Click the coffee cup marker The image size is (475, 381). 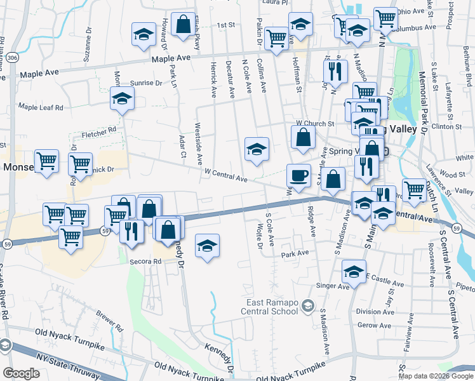coord(298,174)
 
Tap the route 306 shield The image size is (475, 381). coord(13,58)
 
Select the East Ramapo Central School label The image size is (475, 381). coord(269,307)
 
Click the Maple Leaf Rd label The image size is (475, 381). coord(41,107)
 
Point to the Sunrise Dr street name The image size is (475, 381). coord(147,83)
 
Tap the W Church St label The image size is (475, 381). coord(315,123)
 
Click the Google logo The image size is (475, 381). coord(21,373)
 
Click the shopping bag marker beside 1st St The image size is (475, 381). coord(183,25)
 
